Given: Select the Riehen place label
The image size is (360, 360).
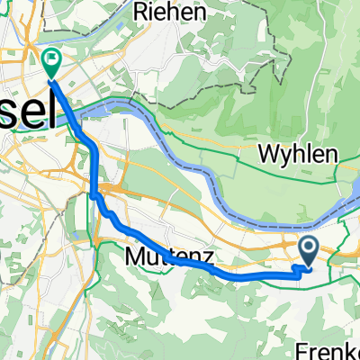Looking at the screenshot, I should coord(169,13).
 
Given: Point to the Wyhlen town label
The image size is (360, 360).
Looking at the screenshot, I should coord(298,154).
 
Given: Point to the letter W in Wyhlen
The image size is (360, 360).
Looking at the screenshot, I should coord(265,154).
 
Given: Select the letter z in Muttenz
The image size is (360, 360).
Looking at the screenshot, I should coord(207,259).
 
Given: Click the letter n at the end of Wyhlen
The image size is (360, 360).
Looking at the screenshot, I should coord(332,154).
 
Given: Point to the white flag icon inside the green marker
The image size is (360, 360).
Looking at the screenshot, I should coord(51,60).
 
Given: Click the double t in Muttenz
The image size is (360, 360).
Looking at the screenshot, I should coord(163,259).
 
